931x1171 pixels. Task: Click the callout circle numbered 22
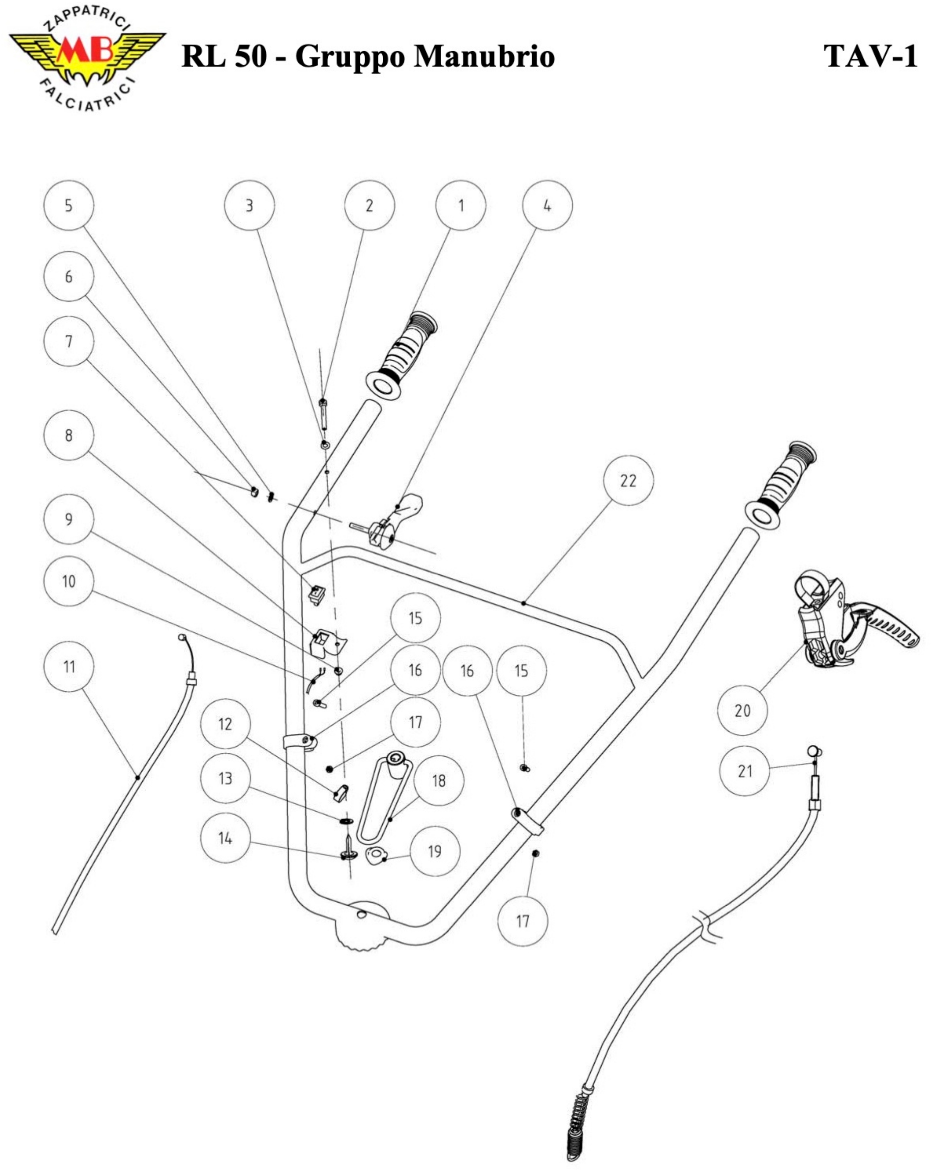coord(629,481)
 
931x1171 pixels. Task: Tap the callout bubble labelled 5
coord(69,205)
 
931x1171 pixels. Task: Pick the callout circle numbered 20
coord(742,710)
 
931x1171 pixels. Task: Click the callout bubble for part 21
coord(744,771)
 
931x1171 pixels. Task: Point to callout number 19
coord(434,851)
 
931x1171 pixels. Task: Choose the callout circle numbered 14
coord(225,838)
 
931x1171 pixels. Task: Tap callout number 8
coord(69,435)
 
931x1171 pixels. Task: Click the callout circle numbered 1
coord(461,205)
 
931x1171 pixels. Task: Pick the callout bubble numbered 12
coord(225,724)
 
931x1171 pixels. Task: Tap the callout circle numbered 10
coord(69,581)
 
